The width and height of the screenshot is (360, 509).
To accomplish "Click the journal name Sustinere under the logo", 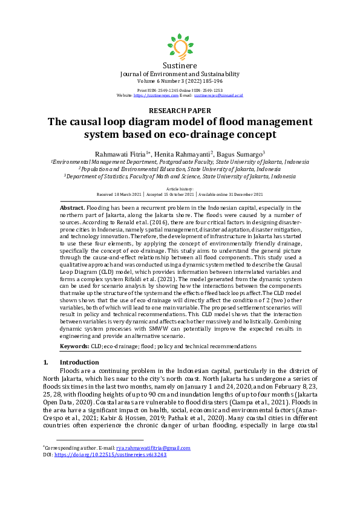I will [180, 65].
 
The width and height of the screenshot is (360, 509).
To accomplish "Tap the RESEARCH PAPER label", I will [180, 111].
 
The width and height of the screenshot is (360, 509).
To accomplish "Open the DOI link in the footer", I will [110, 454].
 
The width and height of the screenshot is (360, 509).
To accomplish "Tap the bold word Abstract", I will [72, 207].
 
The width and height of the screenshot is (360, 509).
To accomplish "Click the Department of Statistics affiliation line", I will [180, 177].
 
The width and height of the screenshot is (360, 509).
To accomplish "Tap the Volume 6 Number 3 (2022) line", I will [180, 80].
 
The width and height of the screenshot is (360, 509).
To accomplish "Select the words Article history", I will [180, 189].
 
